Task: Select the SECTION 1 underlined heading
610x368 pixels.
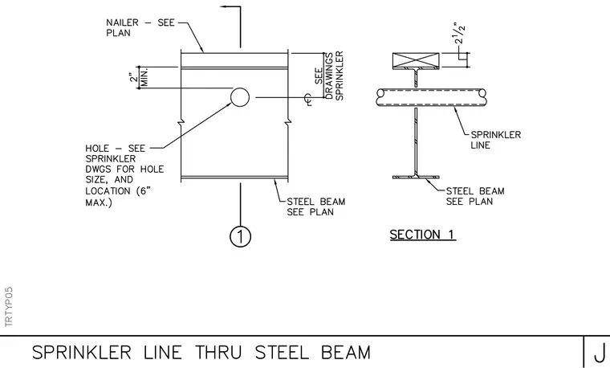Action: tap(422, 235)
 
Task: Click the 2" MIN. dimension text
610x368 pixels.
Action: tap(139, 77)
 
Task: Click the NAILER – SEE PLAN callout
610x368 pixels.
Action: tap(140, 27)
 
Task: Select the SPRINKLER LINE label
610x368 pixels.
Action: tap(496, 140)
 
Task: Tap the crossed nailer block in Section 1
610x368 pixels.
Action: tap(416, 61)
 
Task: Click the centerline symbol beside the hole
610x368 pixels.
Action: tap(308, 100)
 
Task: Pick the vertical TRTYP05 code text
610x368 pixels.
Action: tap(9, 307)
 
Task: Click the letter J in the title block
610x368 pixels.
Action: tap(600, 353)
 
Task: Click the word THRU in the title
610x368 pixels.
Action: tap(218, 353)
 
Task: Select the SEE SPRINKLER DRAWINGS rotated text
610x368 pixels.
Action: tap(329, 76)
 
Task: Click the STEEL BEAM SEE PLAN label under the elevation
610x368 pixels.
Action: tap(316, 206)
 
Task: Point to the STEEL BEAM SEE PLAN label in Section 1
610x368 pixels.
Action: tap(475, 196)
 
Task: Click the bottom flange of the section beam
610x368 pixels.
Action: tap(416, 177)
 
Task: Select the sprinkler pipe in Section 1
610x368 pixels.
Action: tap(432, 97)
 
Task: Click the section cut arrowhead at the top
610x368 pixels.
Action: tap(224, 6)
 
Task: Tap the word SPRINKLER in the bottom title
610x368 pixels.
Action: tap(81, 353)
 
